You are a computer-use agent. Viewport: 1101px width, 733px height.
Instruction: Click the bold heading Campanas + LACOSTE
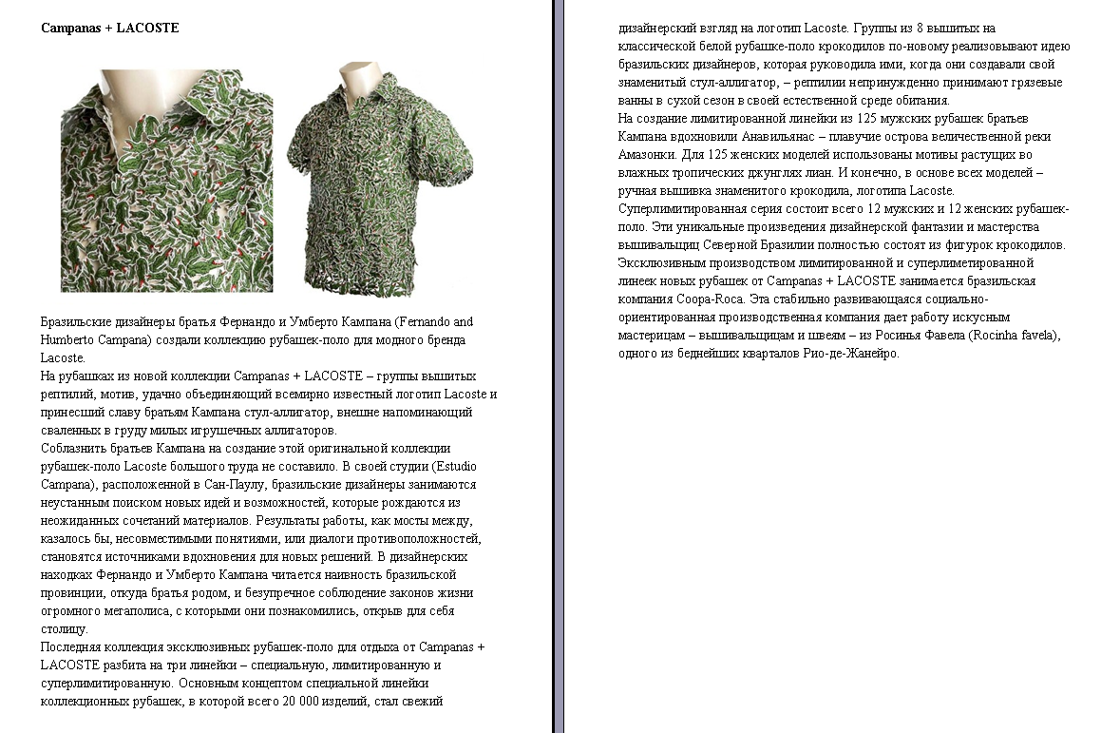click(109, 29)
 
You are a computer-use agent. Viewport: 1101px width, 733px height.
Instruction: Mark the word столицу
click(65, 629)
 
